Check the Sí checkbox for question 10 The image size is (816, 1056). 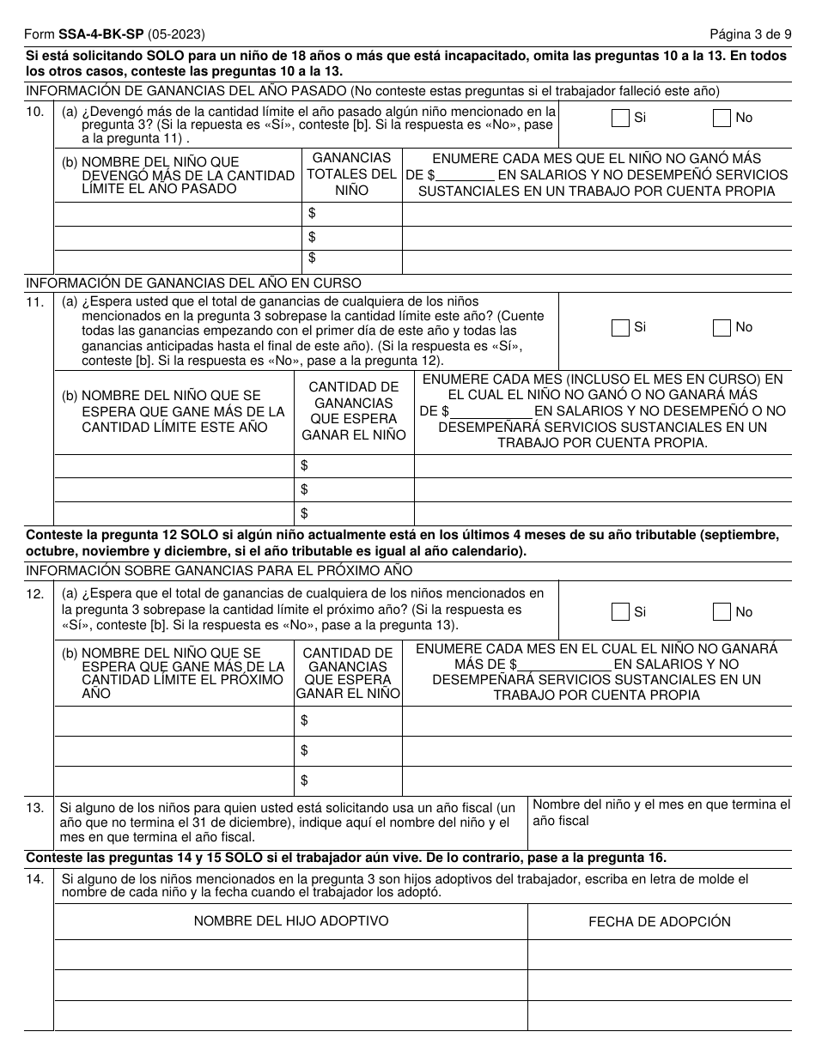point(620,118)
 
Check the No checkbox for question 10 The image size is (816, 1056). point(722,118)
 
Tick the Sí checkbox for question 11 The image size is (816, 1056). point(620,328)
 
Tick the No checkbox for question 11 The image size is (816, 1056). point(722,328)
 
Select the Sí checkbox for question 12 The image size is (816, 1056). point(620,612)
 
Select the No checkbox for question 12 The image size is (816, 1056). point(722,612)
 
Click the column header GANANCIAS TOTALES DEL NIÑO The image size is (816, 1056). point(351,174)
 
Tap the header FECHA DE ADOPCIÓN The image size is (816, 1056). point(659,921)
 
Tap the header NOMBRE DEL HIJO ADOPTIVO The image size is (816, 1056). point(290,920)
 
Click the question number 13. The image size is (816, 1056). point(35,808)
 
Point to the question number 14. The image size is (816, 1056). point(35,879)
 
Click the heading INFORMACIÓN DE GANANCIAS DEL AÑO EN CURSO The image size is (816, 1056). point(194,283)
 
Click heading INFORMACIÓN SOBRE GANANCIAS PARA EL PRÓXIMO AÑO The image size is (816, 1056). point(219,571)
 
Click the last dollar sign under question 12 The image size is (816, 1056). point(304,780)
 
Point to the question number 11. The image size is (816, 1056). point(35,302)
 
